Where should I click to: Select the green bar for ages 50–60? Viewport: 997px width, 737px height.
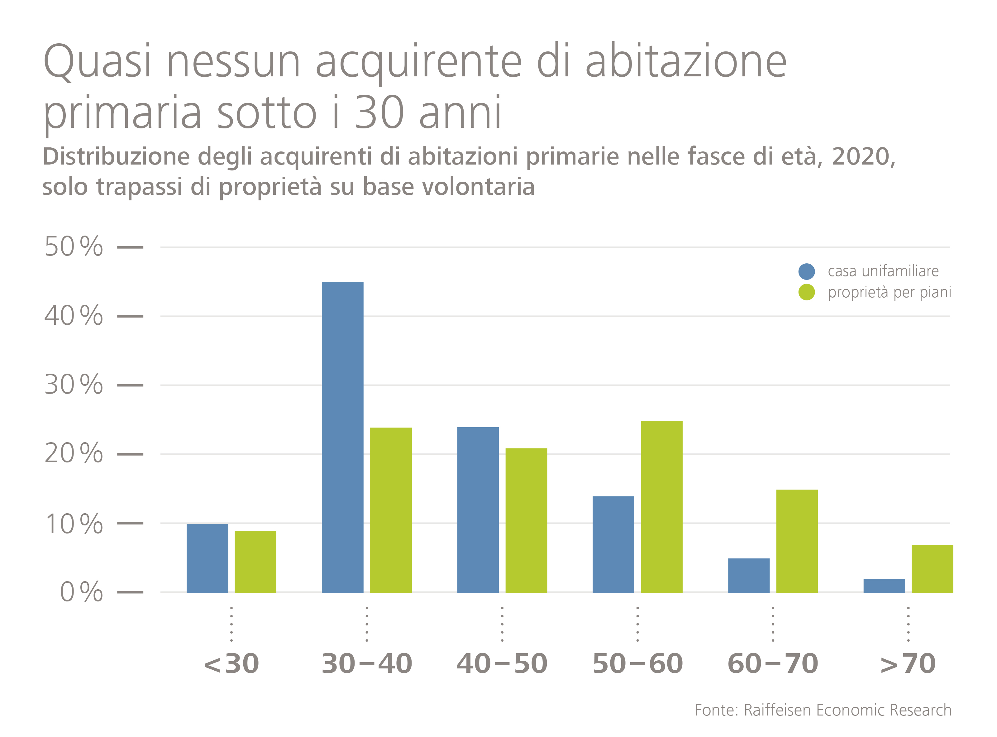661,506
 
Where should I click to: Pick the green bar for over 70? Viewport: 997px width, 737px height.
932,568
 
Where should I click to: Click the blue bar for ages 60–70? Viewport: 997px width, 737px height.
749,576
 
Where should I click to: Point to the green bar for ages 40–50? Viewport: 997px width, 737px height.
526,520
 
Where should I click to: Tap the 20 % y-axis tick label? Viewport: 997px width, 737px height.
74,454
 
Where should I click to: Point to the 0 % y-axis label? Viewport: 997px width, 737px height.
81,592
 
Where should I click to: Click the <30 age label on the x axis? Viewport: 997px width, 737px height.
231,664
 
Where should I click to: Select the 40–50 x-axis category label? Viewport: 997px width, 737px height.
502,664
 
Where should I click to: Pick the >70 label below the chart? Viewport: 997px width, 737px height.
908,664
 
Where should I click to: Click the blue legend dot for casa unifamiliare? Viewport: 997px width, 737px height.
807,271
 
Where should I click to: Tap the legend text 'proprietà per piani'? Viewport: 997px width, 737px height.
890,292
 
